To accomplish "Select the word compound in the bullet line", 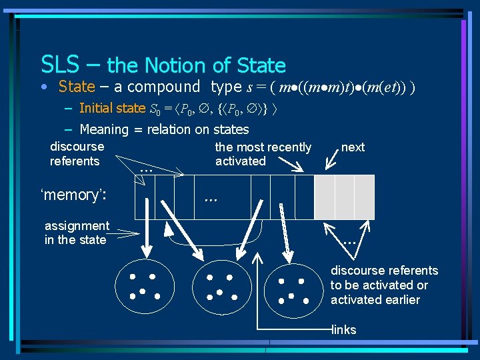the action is [163, 87].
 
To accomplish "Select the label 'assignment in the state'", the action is [76, 233].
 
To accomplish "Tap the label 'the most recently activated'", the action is [263, 154].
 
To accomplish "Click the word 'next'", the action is [353, 147].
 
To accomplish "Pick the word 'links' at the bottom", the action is [344, 330].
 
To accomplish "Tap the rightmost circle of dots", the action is [294, 285].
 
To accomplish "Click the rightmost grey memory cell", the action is [365, 197].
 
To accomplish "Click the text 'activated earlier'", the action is [375, 300].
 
